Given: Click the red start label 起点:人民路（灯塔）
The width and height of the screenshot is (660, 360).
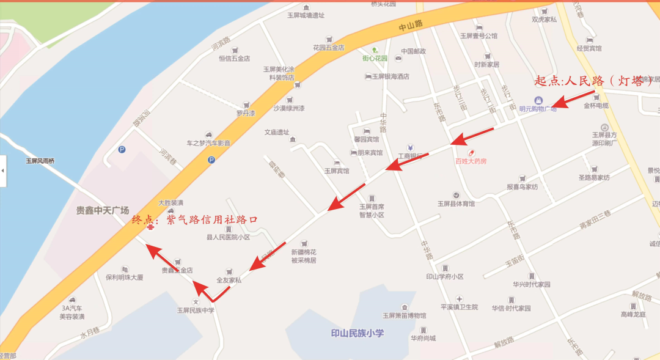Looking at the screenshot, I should click(593, 81).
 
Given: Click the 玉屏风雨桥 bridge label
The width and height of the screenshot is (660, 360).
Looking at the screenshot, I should click(40, 161).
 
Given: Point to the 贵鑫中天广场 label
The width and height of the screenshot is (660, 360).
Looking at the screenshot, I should click(103, 210).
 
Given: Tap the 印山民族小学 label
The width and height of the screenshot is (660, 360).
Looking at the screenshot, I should click(358, 334).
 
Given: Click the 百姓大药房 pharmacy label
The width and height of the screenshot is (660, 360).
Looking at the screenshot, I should click(471, 161).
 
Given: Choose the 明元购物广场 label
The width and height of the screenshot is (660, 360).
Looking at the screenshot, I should click(538, 109).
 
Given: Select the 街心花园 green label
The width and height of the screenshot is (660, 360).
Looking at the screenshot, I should click(375, 59).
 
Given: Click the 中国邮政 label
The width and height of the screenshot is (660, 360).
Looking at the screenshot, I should click(413, 51).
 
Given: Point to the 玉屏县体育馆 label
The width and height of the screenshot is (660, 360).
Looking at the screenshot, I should click(456, 204).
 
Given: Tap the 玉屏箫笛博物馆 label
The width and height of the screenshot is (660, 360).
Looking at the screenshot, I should click(404, 315).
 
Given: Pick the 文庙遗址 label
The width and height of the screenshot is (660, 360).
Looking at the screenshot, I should click(276, 132).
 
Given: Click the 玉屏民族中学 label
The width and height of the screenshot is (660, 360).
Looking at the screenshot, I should click(196, 310).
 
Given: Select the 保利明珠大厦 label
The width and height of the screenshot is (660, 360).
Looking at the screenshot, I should click(124, 277).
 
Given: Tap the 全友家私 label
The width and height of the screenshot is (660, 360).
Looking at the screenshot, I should click(229, 280).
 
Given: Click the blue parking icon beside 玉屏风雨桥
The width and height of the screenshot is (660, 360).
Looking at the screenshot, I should click(122, 149).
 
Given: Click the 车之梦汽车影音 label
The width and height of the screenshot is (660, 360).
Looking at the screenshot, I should click(208, 143).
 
